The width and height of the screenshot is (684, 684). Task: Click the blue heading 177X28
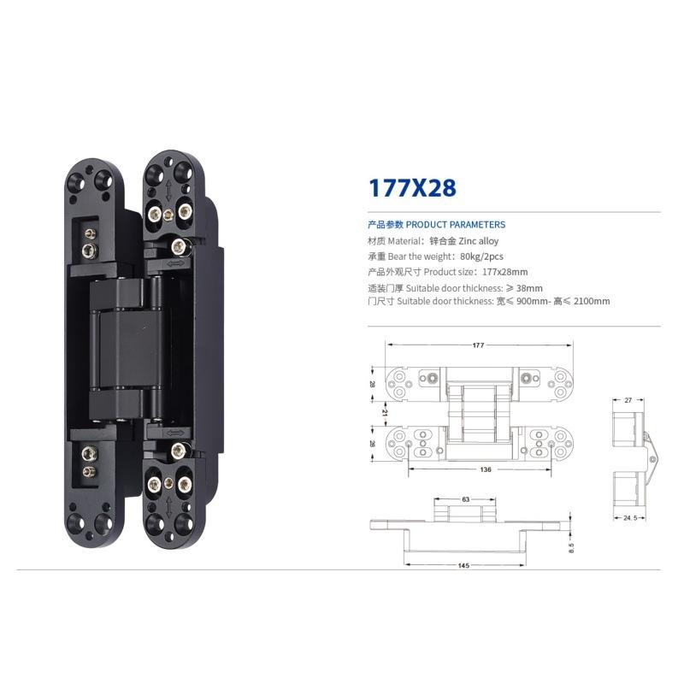click(412, 188)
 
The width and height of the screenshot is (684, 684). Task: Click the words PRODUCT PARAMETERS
click(456, 225)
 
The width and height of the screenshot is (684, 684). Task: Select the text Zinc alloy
click(479, 241)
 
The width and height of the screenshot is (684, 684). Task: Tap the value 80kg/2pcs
click(481, 256)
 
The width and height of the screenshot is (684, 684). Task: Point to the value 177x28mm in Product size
click(504, 272)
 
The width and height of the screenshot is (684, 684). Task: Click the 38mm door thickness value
click(529, 288)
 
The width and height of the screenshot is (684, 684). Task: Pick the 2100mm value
click(592, 301)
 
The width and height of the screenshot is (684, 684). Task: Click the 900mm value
click(531, 301)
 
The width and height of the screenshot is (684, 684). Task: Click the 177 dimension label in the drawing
click(478, 345)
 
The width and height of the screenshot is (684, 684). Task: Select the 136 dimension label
click(485, 469)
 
